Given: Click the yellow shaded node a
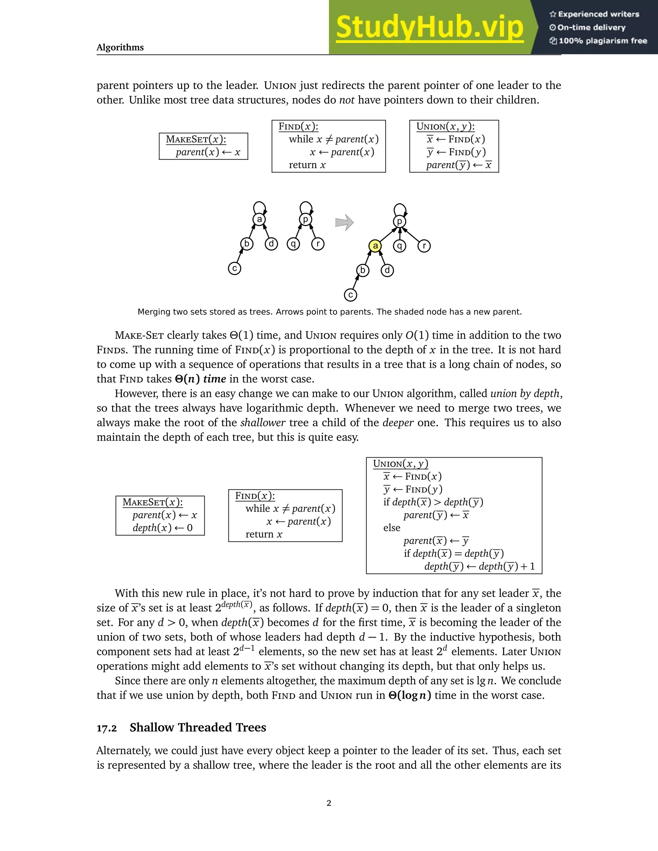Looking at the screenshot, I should [375, 246].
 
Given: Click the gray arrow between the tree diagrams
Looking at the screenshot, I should [344, 223].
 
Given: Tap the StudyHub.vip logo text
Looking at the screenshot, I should [430, 27].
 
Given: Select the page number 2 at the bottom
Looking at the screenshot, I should [329, 803].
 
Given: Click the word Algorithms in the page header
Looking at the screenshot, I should [120, 48].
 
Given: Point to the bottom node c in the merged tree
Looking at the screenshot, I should [351, 295].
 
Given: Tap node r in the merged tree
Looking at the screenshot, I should [424, 246].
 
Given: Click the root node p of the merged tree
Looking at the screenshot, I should [399, 222].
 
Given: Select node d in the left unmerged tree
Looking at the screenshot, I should [271, 244].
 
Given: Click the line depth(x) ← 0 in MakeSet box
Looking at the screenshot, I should [162, 528].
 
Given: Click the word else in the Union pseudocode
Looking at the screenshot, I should [392, 528].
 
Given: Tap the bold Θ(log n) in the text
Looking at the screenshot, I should [410, 695].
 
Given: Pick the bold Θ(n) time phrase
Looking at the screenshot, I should [200, 379].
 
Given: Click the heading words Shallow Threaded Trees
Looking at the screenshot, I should [198, 727].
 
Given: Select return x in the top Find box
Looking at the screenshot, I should [307, 165].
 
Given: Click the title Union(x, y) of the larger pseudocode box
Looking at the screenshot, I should [400, 464].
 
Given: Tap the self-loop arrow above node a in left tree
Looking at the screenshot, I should [260, 206].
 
